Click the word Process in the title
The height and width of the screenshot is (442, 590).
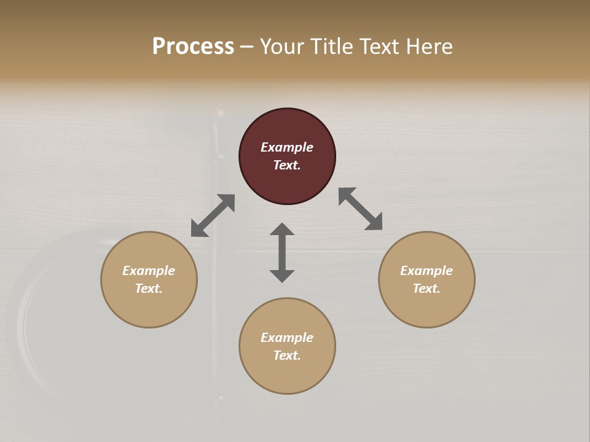[193, 47]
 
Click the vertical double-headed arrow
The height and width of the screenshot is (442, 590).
[282, 252]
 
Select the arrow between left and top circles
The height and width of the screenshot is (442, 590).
[213, 215]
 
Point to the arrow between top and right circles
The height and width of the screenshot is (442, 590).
[360, 209]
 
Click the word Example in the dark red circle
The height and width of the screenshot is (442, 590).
[287, 147]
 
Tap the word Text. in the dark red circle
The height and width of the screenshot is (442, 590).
[287, 165]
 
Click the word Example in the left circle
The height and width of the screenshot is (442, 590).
[149, 271]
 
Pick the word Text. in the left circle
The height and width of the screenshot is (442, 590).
[149, 289]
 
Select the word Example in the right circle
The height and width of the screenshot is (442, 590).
[427, 271]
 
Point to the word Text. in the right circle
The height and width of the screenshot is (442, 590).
[427, 289]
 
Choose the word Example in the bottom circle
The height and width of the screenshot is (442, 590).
[287, 338]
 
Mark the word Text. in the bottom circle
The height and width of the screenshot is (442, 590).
[287, 355]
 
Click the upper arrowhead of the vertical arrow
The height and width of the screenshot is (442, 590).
[282, 229]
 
